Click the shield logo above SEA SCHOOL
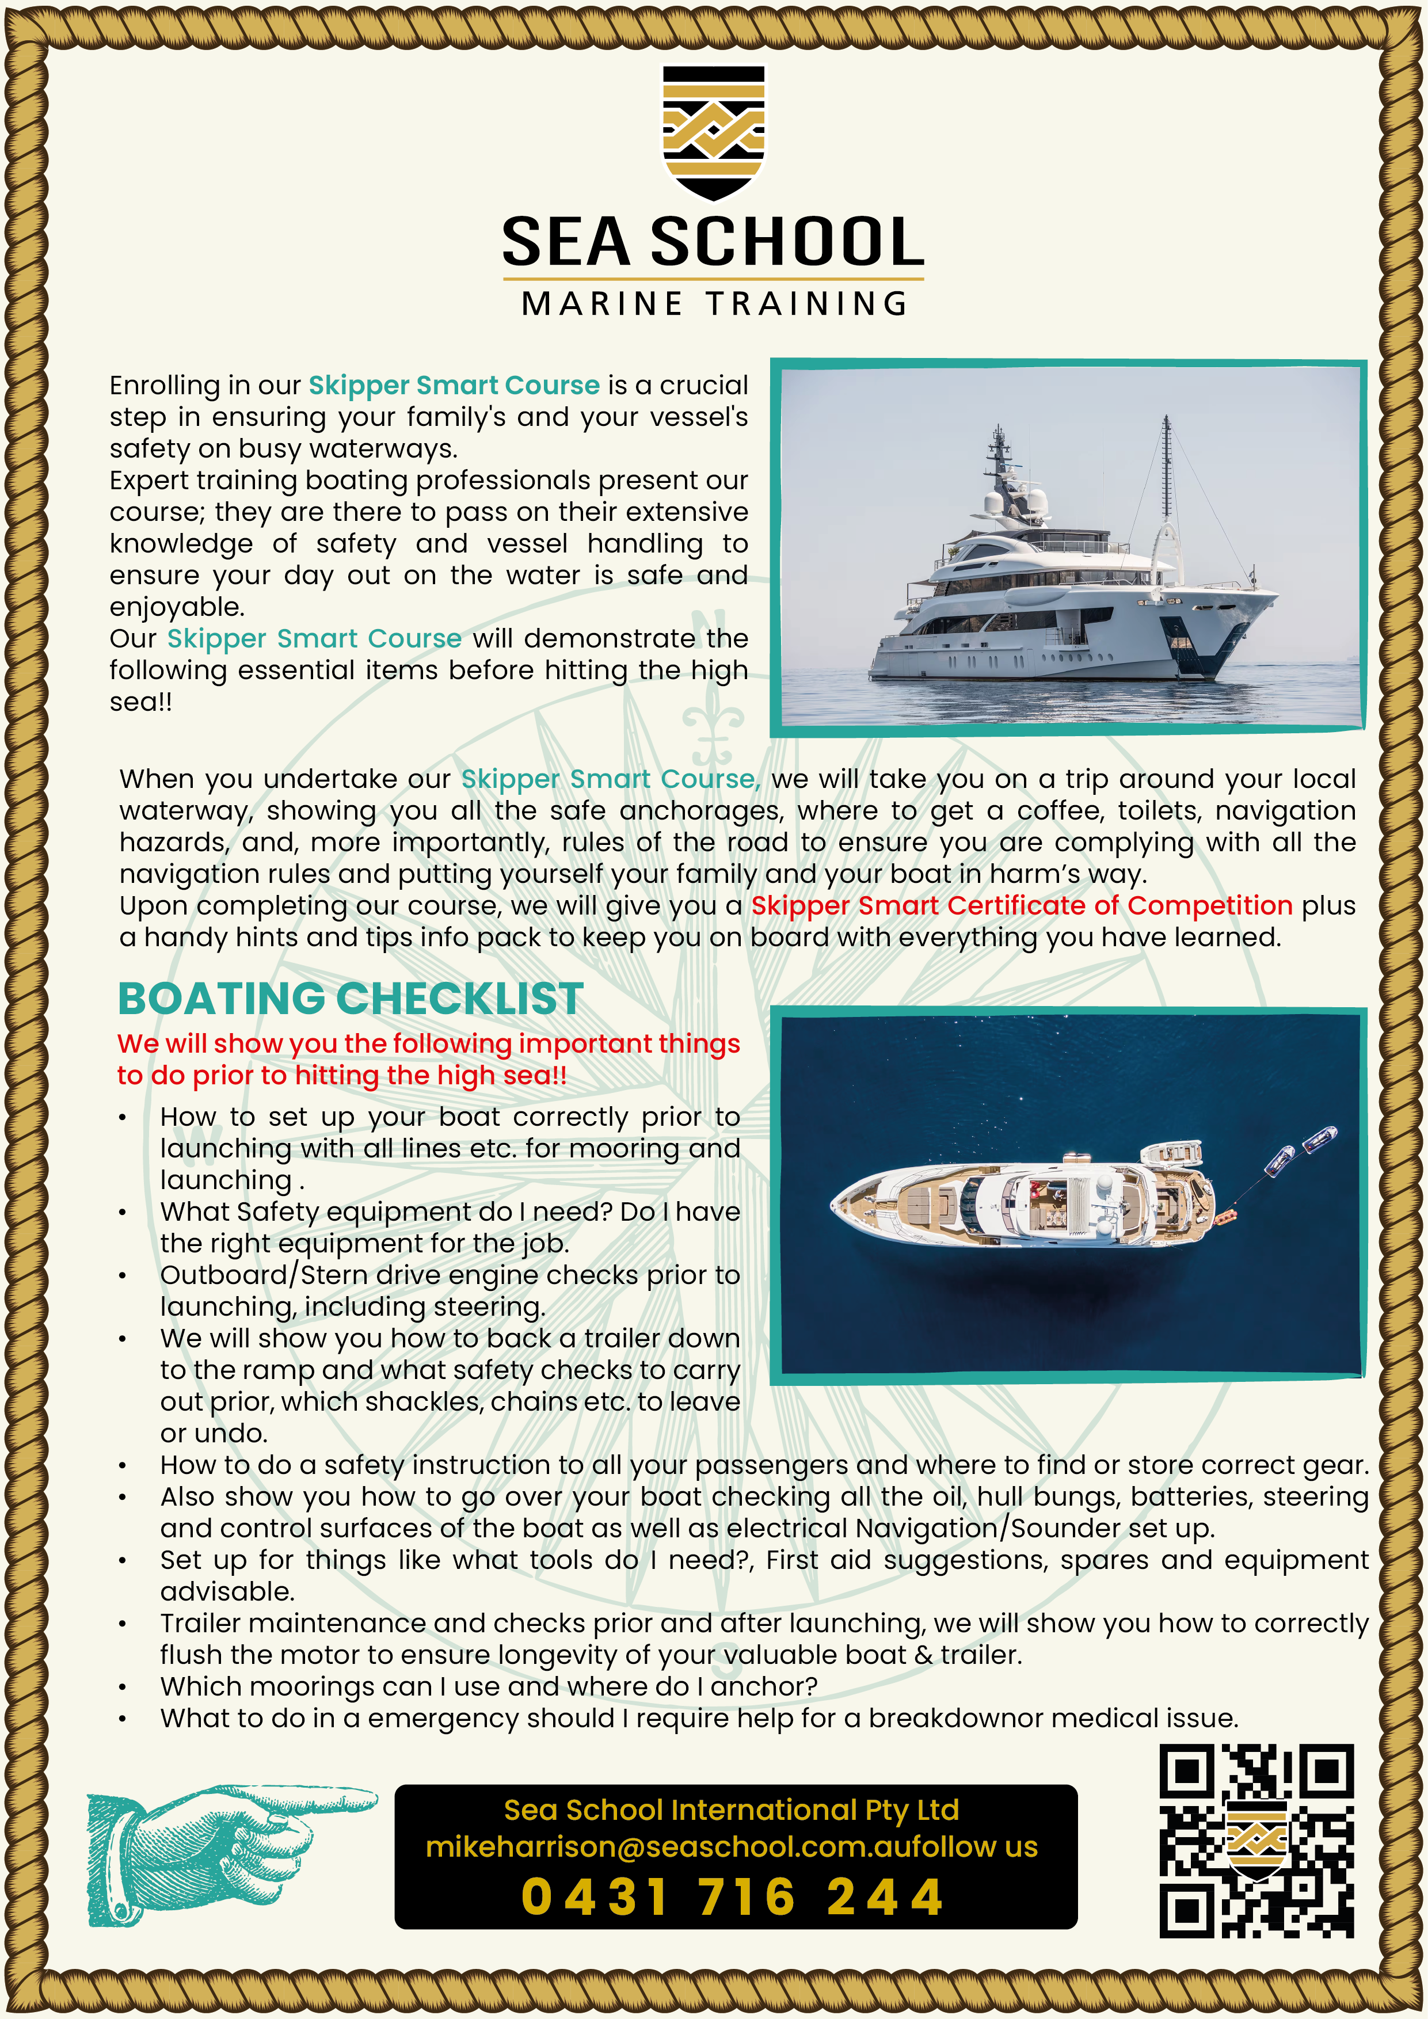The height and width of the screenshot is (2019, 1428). click(713, 131)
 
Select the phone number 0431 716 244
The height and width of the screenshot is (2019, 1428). click(733, 1897)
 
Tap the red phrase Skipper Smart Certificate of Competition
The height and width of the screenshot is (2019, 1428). click(1021, 906)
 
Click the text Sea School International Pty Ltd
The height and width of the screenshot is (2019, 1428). click(731, 1810)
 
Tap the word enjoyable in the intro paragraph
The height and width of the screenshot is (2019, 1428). click(177, 607)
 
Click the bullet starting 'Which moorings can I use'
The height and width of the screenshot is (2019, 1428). click(488, 1686)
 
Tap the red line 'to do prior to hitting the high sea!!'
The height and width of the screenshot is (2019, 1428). click(342, 1076)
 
